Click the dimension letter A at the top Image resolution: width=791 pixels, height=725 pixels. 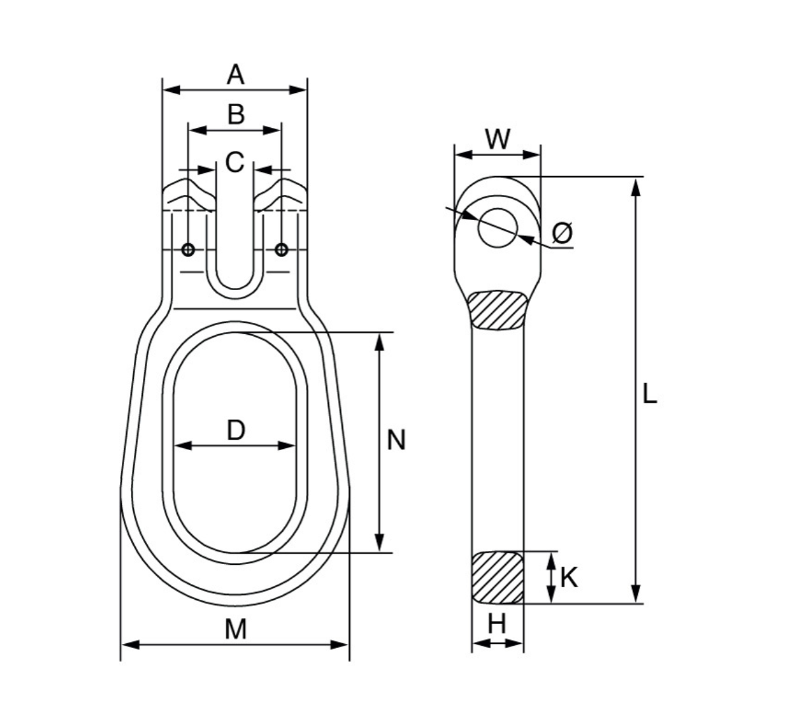pos(235,74)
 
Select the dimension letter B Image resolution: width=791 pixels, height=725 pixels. pos(235,115)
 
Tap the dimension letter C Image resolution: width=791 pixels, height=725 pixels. pos(235,162)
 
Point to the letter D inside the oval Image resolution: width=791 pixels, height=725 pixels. pos(235,430)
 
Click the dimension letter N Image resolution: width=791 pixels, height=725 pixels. pos(395,440)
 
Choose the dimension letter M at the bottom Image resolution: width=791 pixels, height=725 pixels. pos(235,629)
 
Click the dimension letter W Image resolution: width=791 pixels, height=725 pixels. pos(498,140)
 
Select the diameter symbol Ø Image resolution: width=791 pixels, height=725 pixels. pos(562,233)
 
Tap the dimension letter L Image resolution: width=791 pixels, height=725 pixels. pos(649,394)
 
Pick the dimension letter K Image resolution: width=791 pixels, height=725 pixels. pos(569,578)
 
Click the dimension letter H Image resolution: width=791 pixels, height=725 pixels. pos(497,623)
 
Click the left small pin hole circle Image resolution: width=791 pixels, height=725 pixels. pos(189,249)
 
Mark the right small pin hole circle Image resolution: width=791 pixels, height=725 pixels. pos(281,249)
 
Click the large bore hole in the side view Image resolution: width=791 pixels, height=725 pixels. pos(498,228)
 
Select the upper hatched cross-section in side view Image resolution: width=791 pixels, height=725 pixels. pos(498,310)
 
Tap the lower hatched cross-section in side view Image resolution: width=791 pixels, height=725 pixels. pos(498,577)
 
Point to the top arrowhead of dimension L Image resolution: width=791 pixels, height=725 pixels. pos(635,186)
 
